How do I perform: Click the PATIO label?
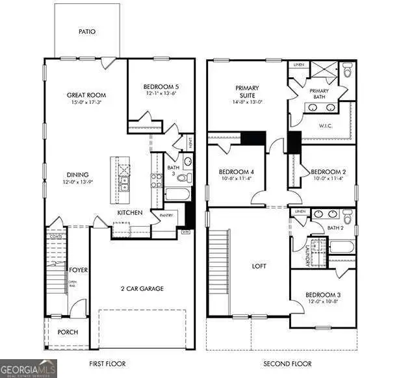[88, 31]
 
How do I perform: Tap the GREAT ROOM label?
[86, 95]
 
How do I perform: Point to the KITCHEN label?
[130, 213]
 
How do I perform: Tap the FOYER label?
[79, 270]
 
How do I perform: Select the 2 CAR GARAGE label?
[142, 288]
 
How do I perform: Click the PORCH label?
[68, 332]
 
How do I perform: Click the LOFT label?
[259, 266]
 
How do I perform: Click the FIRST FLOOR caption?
[107, 364]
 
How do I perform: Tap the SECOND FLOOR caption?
[289, 364]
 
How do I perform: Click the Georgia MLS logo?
[29, 368]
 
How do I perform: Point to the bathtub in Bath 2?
[340, 247]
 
